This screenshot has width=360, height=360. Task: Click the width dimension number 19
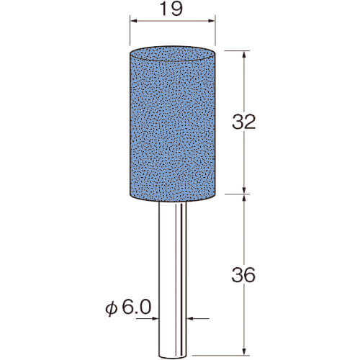[171, 9]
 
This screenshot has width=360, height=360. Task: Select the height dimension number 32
[243, 122]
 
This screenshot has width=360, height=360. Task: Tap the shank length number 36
[243, 275]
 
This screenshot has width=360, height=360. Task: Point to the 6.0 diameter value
[137, 307]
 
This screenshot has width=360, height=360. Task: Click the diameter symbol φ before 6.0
[112, 309]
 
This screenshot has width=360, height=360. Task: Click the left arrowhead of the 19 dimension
[133, 21]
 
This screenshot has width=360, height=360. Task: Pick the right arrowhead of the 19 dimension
[212, 21]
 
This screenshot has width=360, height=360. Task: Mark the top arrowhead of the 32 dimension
[244, 55]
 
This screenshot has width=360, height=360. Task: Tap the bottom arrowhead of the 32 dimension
[244, 191]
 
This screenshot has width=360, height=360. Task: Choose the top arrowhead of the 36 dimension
[244, 198]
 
